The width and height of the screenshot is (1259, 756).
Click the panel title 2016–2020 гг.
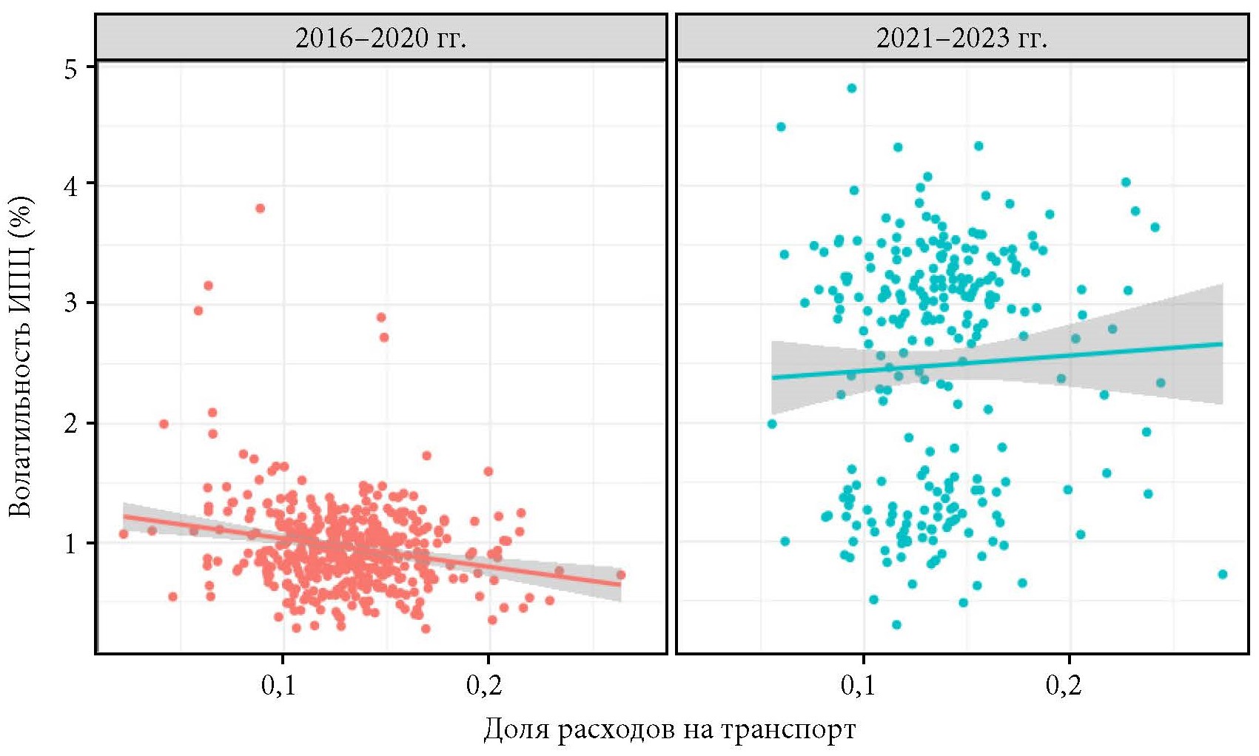pos(380,38)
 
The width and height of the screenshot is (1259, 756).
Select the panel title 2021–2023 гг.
pos(961,38)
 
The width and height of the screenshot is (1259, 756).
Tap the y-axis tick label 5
pos(70,69)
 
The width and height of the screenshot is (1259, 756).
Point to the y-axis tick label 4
pos(70,186)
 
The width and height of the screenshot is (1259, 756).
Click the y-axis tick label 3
pos(70,303)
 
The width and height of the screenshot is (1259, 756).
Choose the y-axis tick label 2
pos(70,424)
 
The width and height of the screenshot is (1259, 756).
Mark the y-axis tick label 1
pos(70,544)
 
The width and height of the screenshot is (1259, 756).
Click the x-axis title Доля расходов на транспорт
pos(670,729)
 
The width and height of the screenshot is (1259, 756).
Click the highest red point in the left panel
pos(260,209)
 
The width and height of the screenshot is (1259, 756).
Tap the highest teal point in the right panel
pos(851,88)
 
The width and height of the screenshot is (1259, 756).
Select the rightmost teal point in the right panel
pos(1223,574)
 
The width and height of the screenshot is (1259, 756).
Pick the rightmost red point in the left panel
pos(621,575)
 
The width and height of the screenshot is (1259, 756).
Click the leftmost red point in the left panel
pos(124,534)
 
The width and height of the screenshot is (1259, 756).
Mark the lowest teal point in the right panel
pos(896,625)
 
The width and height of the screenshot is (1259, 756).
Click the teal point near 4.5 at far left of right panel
pos(780,127)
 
